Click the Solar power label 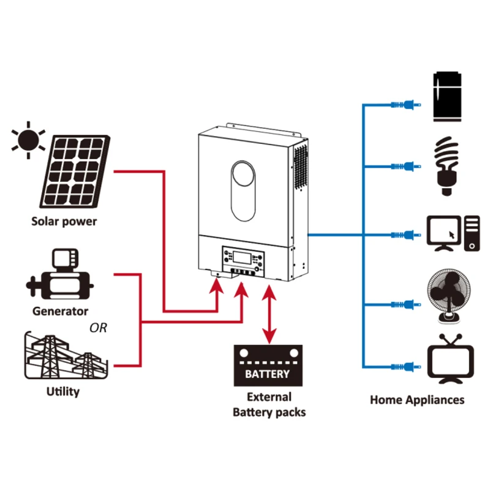pos(64,222)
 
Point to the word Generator pos(60,311)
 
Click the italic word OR pos(98,328)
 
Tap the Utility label pos(63,391)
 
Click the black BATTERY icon pos(268,366)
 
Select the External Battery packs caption pos(269,404)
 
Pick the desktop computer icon pos(454,233)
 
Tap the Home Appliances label pos(417,400)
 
